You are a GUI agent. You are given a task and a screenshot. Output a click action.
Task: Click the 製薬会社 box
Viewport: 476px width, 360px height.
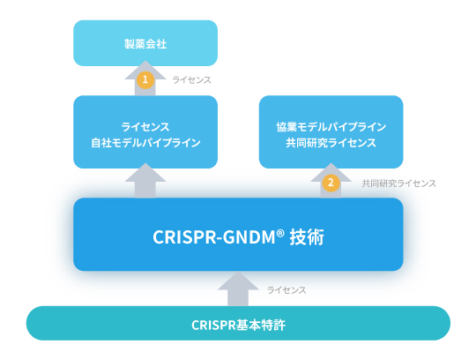tap(145, 43)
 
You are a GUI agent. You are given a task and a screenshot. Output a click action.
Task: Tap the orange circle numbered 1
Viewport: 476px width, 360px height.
tap(145, 79)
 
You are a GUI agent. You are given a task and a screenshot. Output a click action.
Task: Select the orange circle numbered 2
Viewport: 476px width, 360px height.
tap(331, 183)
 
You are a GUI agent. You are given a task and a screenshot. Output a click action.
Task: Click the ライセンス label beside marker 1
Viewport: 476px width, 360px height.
tap(191, 80)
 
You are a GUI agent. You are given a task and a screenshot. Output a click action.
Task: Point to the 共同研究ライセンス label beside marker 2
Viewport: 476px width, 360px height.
tap(399, 184)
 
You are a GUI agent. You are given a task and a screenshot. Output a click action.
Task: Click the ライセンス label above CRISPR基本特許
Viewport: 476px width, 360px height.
tap(286, 290)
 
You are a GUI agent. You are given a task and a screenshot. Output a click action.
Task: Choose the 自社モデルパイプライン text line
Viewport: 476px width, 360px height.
tap(145, 142)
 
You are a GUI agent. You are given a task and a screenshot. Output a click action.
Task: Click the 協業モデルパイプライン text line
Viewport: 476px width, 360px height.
tap(331, 127)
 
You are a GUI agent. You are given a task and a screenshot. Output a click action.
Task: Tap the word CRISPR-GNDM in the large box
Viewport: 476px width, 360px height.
tap(214, 237)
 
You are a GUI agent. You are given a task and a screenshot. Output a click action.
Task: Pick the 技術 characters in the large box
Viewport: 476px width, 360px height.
tap(307, 237)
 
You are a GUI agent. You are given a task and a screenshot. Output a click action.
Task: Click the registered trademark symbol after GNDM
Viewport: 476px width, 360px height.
tap(280, 233)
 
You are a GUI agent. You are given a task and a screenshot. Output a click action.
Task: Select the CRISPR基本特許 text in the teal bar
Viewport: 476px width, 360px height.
tap(238, 325)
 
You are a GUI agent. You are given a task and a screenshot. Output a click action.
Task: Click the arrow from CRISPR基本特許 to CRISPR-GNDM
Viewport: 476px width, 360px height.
tap(238, 289)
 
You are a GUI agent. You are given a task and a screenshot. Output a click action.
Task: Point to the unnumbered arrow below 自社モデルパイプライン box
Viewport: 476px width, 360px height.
tap(145, 181)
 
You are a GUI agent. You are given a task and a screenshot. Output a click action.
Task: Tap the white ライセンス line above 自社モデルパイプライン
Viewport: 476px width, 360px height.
tap(145, 127)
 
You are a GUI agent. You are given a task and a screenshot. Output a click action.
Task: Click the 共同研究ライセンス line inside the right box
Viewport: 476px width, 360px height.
tap(331, 142)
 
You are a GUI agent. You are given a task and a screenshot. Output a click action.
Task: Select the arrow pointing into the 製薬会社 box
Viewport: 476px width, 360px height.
tap(145, 78)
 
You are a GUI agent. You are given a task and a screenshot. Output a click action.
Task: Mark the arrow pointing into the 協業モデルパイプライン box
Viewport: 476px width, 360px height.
tap(331, 181)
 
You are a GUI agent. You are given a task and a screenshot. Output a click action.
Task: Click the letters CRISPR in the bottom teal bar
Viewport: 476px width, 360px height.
tap(213, 325)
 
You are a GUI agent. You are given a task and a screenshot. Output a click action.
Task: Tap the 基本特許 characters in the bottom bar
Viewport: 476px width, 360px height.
tap(261, 325)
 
